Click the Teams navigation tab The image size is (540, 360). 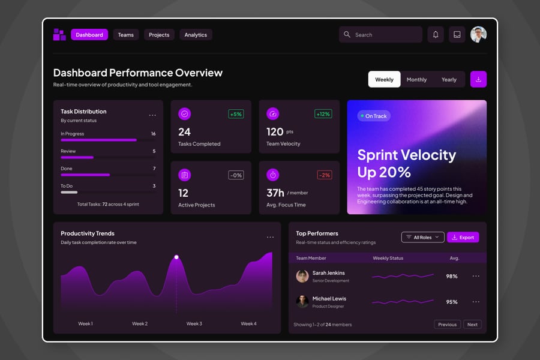click(126, 35)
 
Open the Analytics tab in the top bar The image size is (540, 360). click(196, 35)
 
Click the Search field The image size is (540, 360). click(380, 35)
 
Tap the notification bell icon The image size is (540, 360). click(436, 35)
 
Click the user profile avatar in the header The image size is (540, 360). click(478, 35)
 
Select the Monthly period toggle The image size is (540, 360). click(416, 79)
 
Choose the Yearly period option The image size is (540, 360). click(449, 79)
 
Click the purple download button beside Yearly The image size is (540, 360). click(478, 79)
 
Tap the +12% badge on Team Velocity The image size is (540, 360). click(323, 114)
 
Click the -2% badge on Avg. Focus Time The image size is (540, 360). click(323, 175)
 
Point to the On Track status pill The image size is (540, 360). click(374, 116)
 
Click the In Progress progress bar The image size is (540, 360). click(98, 140)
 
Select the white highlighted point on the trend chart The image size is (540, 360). click(176, 257)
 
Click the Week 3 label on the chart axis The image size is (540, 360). click(194, 323)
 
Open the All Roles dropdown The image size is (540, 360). click(422, 237)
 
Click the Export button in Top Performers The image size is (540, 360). click(463, 237)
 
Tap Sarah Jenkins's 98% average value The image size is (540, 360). click(452, 276)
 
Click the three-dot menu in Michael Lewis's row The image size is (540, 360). click(476, 302)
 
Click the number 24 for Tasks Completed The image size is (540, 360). click(184, 131)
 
